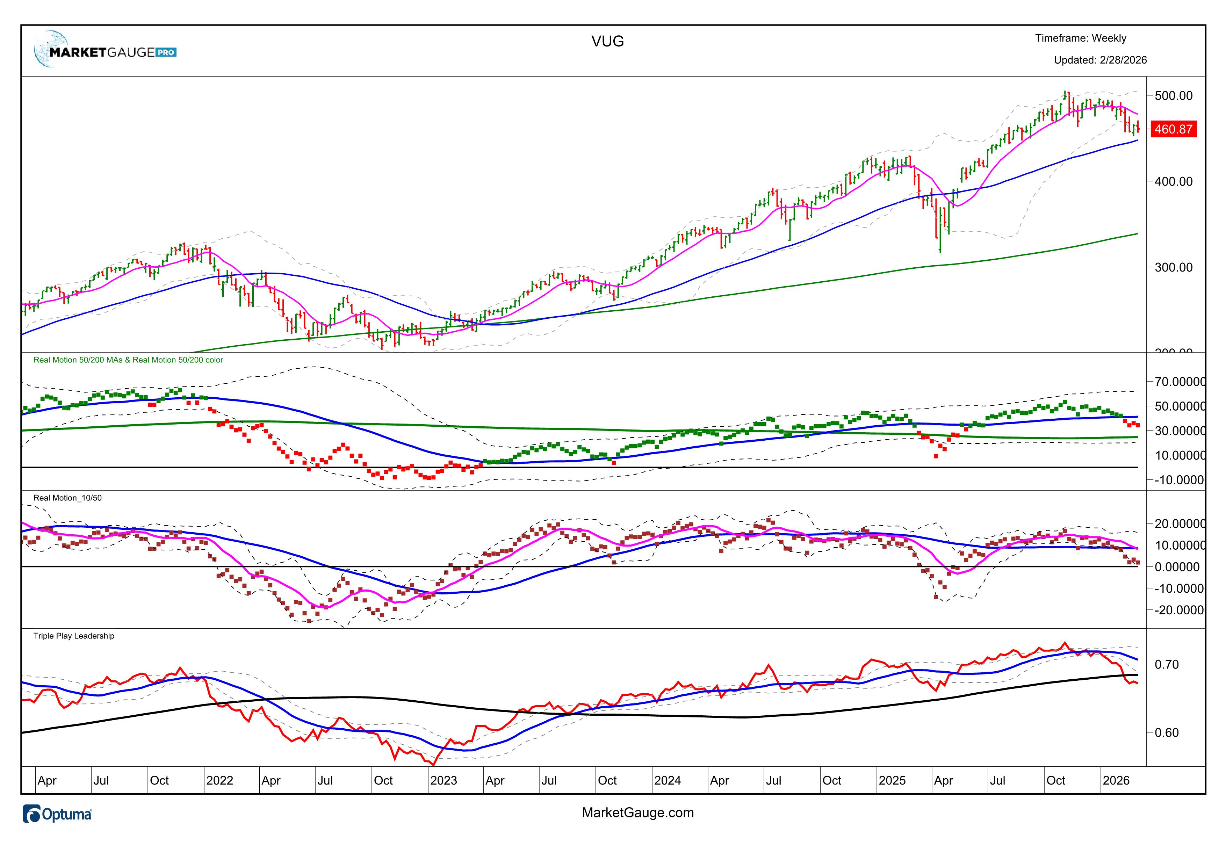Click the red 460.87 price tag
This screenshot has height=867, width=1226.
pyautogui.click(x=1173, y=129)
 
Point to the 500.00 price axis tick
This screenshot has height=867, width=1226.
pyautogui.click(x=1173, y=95)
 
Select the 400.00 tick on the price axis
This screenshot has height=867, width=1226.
pyautogui.click(x=1173, y=181)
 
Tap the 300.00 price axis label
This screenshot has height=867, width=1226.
pyautogui.click(x=1173, y=267)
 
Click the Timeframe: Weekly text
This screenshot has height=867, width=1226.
pyautogui.click(x=1080, y=38)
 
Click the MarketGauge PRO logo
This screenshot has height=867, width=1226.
pyautogui.click(x=105, y=51)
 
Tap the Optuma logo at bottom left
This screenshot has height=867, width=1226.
pyautogui.click(x=58, y=814)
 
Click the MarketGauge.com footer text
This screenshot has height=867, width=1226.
pyautogui.click(x=637, y=812)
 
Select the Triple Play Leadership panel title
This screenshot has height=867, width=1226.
pyautogui.click(x=74, y=636)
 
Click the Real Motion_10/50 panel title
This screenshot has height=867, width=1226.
pyautogui.click(x=67, y=498)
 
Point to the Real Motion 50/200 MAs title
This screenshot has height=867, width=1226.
pyautogui.click(x=128, y=360)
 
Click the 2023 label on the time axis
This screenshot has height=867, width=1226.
pyautogui.click(x=444, y=781)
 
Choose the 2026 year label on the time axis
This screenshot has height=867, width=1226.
pyautogui.click(x=1116, y=781)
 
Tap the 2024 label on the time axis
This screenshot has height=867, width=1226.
pyautogui.click(x=668, y=781)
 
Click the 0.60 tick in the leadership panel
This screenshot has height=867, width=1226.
pyautogui.click(x=1166, y=732)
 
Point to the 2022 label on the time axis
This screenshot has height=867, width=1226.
pyautogui.click(x=219, y=781)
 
